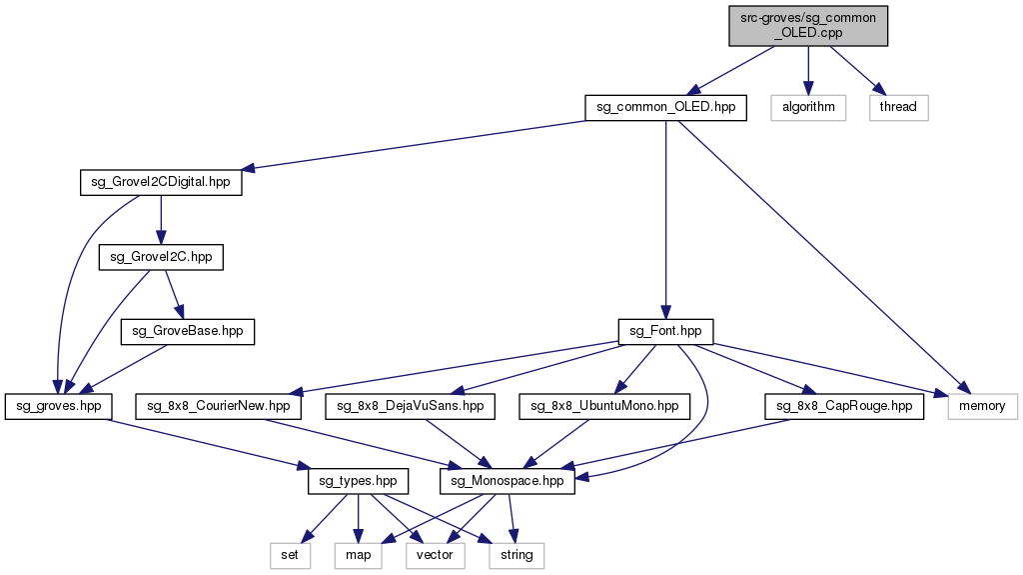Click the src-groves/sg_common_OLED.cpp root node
coord(808,25)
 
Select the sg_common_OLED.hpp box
coord(665,107)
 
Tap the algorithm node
coord(808,107)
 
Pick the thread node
coord(898,107)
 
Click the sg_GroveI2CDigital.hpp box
coord(161,183)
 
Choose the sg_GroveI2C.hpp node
coord(161,257)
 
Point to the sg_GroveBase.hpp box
coord(188,331)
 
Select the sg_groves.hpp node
coord(59,406)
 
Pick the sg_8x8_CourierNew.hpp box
coord(219,406)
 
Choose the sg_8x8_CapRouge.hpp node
coord(844,406)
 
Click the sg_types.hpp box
coord(358,481)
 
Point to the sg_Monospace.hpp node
coord(508,481)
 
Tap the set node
coord(290,555)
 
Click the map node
coord(359,555)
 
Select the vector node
coord(435,555)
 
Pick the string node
coord(516,555)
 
